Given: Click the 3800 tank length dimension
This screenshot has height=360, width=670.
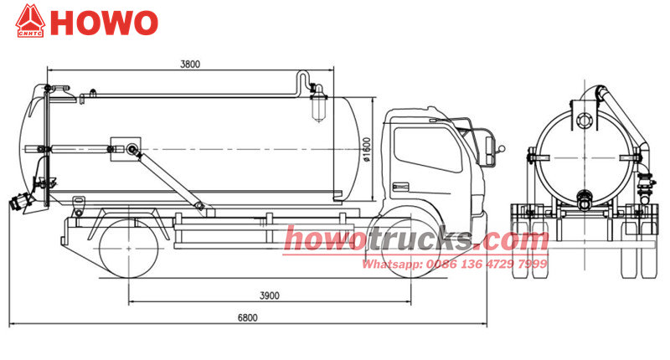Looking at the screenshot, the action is point(190,64).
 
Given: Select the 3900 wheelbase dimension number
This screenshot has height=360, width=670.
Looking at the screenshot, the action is point(270,296).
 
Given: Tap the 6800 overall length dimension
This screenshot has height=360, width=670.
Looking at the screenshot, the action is point(248,318).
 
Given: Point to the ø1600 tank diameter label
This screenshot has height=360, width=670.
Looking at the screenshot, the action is point(367,150).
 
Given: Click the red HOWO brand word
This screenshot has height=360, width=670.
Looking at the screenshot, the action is point(104,23).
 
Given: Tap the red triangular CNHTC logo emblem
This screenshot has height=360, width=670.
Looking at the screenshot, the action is point(30,21).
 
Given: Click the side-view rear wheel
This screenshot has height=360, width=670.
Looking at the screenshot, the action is point(129,248).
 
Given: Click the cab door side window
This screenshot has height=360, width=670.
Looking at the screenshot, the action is point(427,150).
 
